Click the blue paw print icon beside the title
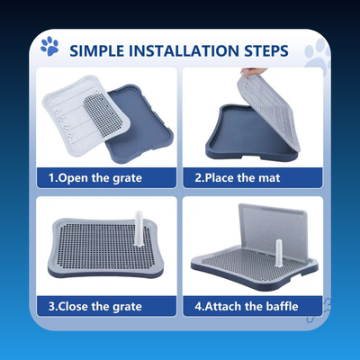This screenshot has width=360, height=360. (49, 46)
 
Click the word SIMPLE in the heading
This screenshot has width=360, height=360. (97, 51)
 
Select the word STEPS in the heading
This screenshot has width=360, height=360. (266, 51)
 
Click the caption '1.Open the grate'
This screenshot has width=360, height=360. (95, 178)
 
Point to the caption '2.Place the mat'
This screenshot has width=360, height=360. (238, 177)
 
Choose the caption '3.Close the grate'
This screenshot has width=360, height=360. (95, 307)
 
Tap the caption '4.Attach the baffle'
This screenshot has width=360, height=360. (247, 306)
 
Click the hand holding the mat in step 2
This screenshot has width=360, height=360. (253, 72)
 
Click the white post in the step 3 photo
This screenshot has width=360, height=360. (139, 229)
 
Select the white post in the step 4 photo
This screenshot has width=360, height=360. (279, 253)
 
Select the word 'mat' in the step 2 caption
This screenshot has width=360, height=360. (269, 178)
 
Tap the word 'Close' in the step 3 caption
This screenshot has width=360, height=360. (73, 307)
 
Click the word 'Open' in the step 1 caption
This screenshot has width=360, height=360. (73, 178)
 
